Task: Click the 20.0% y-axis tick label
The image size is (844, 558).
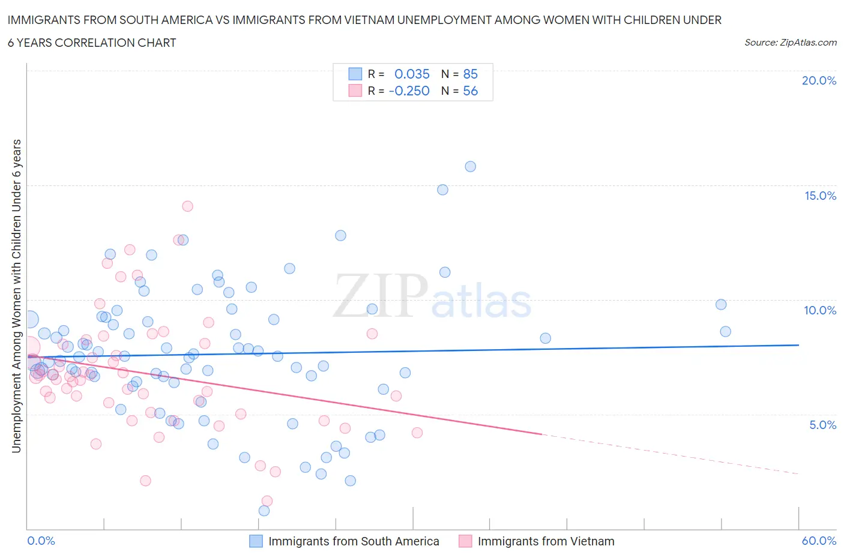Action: pos(819,80)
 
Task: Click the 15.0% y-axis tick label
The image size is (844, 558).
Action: pos(820,196)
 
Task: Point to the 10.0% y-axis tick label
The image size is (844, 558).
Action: pos(820,310)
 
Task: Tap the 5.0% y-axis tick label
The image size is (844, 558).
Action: pos(822,425)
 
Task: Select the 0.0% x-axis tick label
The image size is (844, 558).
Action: pos(41,541)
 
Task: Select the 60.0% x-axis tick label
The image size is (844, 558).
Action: pos(819,541)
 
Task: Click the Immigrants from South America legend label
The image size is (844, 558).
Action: pos(354,541)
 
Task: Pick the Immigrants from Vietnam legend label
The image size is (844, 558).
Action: pos(546,541)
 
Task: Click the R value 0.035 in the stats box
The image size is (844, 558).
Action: pos(412,74)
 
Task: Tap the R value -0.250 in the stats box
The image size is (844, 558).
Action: pos(409,91)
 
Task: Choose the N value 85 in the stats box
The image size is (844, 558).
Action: pos(470,74)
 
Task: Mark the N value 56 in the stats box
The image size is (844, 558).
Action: pos(470,91)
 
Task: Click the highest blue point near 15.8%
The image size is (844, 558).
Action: pos(471,166)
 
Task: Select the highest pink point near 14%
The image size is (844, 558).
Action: pos(187,206)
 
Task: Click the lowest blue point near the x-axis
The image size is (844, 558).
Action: pos(264,511)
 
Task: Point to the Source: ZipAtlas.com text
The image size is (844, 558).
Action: pos(790,42)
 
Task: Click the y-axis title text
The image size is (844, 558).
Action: pos(16,296)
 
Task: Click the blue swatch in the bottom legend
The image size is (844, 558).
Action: pos(256,541)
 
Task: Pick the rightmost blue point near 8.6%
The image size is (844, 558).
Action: pos(725,331)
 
